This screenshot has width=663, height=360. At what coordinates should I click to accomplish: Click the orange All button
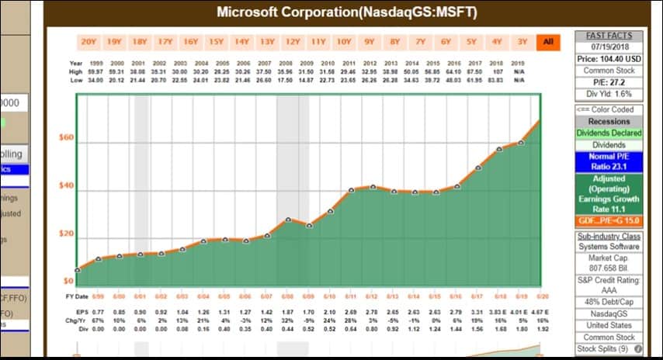tap(547, 42)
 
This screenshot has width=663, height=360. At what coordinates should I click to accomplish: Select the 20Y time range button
tap(89, 42)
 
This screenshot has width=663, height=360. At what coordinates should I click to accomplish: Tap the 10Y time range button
tap(343, 42)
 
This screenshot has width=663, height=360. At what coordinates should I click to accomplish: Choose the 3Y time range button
tap(522, 42)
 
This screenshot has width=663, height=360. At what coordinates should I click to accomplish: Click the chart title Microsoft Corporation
tap(346, 12)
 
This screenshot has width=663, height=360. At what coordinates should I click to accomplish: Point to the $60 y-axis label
tap(67, 138)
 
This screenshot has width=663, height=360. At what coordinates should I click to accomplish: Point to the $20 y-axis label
tap(67, 234)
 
